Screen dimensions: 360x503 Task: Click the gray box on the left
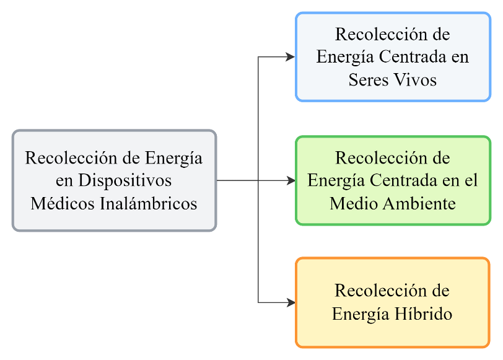(x=114, y=180)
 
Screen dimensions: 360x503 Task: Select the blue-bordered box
(x=392, y=56)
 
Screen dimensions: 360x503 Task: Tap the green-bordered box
(x=392, y=180)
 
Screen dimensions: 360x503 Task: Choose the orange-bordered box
(x=392, y=302)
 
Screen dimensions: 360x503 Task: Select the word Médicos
(x=63, y=203)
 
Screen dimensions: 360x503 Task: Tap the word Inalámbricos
(x=149, y=203)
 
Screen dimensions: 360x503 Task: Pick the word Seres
(x=369, y=80)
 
